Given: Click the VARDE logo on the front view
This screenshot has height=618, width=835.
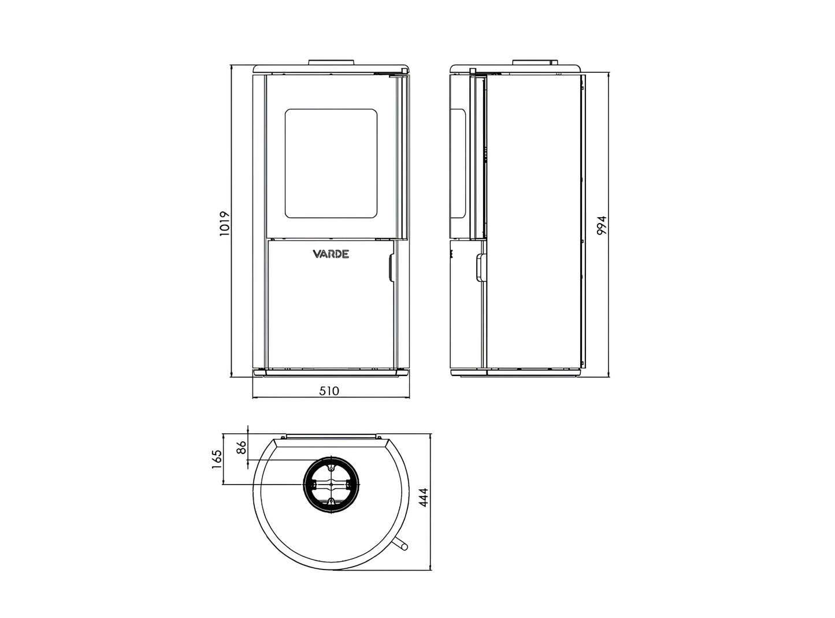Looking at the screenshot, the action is coord(331,254).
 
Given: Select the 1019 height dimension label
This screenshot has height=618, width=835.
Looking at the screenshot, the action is coord(225,223).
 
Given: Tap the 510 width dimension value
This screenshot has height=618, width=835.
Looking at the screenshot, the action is coord(329,391).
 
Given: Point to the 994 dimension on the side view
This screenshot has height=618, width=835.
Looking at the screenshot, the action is coord(602,225).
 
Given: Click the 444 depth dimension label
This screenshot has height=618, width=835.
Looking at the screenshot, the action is coord(424,497).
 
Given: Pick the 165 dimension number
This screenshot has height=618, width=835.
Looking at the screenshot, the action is coord(217,459).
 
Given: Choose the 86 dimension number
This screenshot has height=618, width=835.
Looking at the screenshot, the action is coord(242,447).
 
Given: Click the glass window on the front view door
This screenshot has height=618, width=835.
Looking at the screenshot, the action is coord(331,163).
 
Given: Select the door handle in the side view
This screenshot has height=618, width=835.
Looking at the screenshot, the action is coord(481,267).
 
